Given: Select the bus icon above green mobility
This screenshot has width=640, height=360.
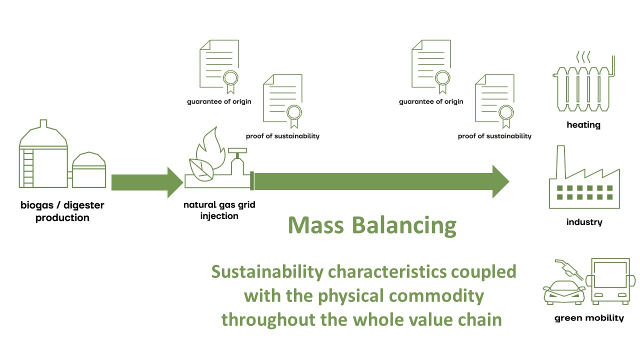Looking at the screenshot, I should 610,281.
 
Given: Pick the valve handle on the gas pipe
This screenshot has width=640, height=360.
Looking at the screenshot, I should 237,150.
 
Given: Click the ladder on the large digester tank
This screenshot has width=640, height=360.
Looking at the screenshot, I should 28,167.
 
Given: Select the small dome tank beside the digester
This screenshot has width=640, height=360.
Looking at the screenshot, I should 89,170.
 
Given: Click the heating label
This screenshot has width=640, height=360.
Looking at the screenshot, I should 583,125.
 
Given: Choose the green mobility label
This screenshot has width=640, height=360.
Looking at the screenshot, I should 589,317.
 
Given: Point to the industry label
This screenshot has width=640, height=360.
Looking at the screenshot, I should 584,222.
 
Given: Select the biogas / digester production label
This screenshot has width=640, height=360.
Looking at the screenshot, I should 62,211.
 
